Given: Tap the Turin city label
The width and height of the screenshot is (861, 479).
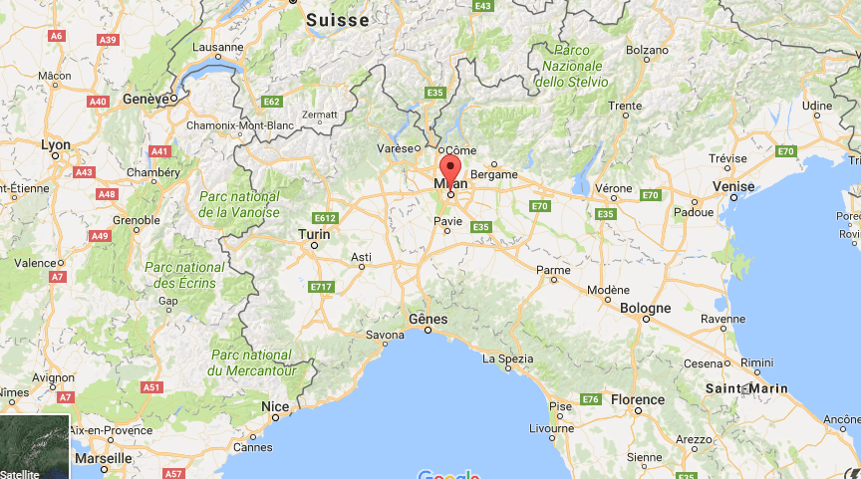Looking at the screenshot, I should click(x=314, y=234).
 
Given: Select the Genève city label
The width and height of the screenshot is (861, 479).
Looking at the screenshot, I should click(x=144, y=100).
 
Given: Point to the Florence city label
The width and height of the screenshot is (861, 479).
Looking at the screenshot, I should click(x=637, y=399).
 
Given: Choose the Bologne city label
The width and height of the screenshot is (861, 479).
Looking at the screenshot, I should click(x=646, y=309).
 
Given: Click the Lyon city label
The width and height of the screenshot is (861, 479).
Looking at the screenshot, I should click(x=56, y=145).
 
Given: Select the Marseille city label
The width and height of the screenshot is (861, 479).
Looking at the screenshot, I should click(x=103, y=458).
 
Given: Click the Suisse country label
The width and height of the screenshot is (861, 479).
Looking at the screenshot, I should click(x=337, y=20).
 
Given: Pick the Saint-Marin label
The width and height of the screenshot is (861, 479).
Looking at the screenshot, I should click(x=746, y=388).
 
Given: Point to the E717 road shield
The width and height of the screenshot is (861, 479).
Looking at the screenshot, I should click(x=320, y=287).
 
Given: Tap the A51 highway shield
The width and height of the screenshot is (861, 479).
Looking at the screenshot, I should click(x=150, y=386).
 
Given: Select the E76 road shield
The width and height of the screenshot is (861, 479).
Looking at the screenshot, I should click(x=591, y=399).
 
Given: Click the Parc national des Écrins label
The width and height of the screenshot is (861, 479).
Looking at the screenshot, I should click(x=184, y=275).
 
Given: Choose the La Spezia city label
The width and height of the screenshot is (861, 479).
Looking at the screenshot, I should click(x=507, y=359).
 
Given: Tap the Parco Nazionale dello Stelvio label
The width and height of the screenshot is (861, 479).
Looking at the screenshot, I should click(x=570, y=65).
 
